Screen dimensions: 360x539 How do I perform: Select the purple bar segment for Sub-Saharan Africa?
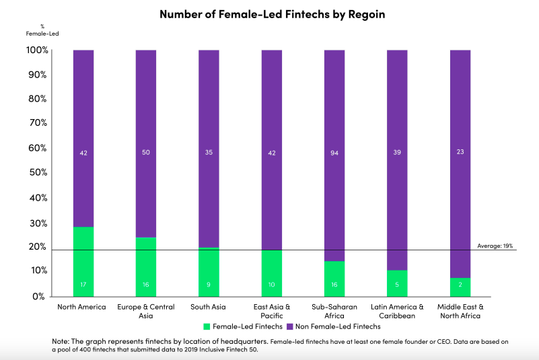(334, 155)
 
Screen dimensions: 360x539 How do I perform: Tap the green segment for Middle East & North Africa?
(460, 287)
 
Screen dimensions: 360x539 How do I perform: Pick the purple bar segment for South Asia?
(209, 148)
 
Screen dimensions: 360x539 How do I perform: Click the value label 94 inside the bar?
(334, 153)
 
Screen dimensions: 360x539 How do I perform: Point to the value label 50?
(146, 153)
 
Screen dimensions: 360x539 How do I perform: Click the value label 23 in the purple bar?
(460, 153)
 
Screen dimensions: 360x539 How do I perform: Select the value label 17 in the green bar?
(83, 285)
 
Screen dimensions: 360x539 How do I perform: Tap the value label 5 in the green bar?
(397, 285)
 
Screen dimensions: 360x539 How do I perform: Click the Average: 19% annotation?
(495, 246)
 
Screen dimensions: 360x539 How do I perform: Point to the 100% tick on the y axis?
(36, 50)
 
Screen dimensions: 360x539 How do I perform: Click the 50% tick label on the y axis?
(36, 173)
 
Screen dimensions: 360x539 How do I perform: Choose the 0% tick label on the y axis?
(38, 296)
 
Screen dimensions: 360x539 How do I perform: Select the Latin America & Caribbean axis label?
(397, 312)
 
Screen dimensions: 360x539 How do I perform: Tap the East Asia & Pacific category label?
(272, 312)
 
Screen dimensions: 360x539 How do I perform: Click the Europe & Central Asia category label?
(146, 312)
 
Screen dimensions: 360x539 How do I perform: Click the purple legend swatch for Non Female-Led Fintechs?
(289, 326)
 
